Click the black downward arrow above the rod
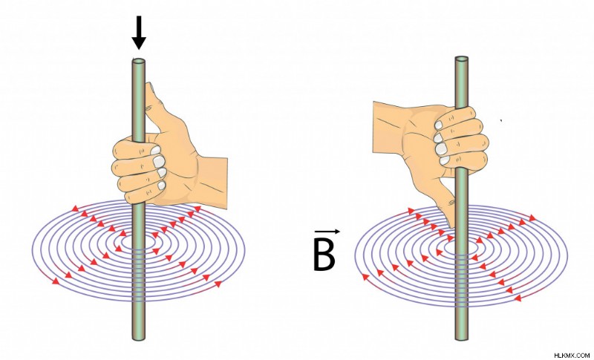click(x=139, y=33)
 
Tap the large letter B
click(x=324, y=255)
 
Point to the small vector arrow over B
click(x=327, y=232)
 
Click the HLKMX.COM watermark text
click(x=572, y=356)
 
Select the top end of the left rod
click(x=139, y=61)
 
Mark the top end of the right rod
click(x=461, y=59)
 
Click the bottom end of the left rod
click(x=139, y=338)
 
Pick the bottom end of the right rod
click(x=461, y=338)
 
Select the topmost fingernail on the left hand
click(x=155, y=150)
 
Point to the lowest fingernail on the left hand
click(x=162, y=186)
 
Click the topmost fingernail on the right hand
click(x=438, y=125)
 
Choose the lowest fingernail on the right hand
click(x=445, y=160)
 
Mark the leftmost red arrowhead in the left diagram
click(x=56, y=281)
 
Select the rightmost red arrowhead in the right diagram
click(x=532, y=217)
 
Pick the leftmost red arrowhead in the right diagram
click(x=365, y=277)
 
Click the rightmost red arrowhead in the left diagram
click(x=218, y=284)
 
